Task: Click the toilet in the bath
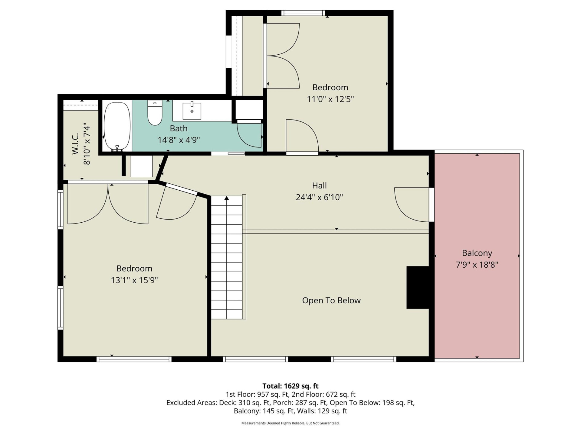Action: point(155,113)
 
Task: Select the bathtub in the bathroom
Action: point(117,126)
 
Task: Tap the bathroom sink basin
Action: point(192,111)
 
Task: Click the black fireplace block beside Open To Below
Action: point(418,287)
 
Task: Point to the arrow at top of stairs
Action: point(227,198)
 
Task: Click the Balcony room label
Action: point(477,253)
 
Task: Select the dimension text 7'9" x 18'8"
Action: point(477,265)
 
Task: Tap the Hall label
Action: point(319,185)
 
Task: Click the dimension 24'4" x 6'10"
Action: point(319,197)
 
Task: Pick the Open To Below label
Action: point(331,300)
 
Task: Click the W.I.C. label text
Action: point(75,144)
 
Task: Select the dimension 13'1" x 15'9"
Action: point(134,280)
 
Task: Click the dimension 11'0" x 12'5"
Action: point(330,99)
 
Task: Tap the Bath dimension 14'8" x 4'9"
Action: point(179,140)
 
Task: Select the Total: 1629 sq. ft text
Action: point(290,386)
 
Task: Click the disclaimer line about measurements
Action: point(290,423)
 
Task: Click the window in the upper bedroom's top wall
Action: point(303,13)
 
